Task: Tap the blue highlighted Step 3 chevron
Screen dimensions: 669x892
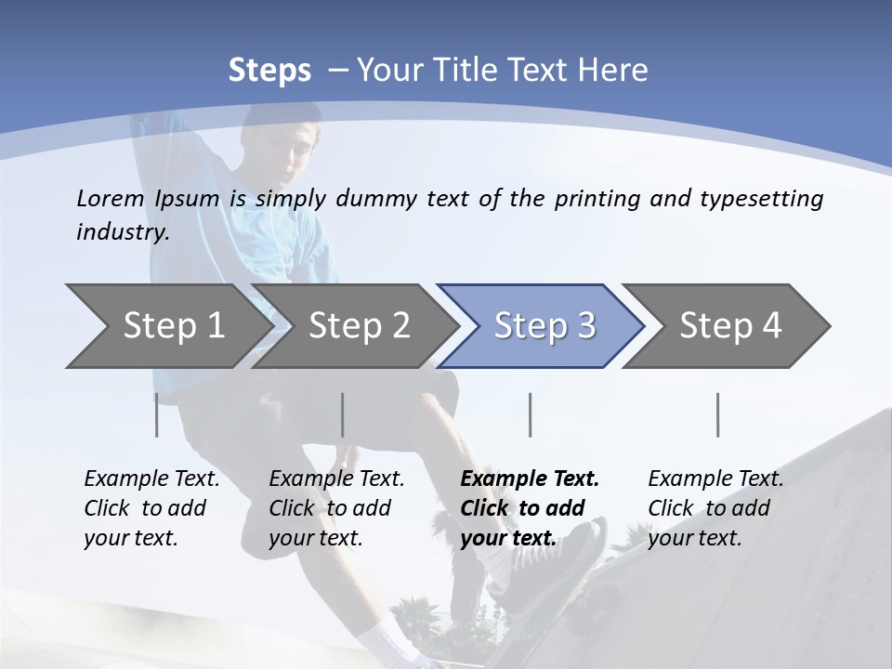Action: pyautogui.click(x=544, y=325)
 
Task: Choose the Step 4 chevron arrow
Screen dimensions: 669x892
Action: pyautogui.click(x=730, y=325)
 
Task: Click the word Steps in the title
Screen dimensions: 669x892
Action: pyautogui.click(x=269, y=70)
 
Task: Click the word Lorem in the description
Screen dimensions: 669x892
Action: pyautogui.click(x=111, y=198)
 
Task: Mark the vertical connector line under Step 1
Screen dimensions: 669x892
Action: pyautogui.click(x=156, y=414)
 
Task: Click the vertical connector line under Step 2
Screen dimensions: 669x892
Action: pyautogui.click(x=343, y=414)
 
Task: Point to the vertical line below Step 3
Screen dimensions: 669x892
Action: pyautogui.click(x=531, y=414)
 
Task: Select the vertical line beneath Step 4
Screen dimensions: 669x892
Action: pyautogui.click(x=717, y=414)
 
